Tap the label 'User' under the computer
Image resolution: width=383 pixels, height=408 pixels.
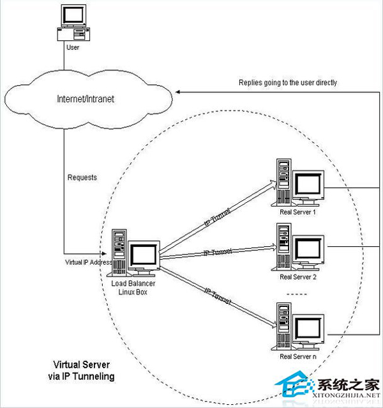pyautogui.click(x=72, y=47)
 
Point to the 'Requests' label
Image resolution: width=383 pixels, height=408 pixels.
pyautogui.click(x=82, y=177)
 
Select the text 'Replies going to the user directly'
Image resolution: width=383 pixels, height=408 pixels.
pyautogui.click(x=288, y=82)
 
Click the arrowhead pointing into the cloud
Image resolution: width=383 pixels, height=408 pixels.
pyautogui.click(x=180, y=93)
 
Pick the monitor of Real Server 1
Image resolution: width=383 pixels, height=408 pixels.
pyautogui.click(x=308, y=186)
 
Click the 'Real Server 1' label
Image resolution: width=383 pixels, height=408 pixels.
pyautogui.click(x=298, y=212)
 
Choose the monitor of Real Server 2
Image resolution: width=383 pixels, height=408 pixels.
pyautogui.click(x=308, y=249)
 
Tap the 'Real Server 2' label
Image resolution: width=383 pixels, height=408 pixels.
pyautogui.click(x=298, y=277)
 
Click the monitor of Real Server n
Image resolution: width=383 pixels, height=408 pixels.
pyautogui.click(x=308, y=328)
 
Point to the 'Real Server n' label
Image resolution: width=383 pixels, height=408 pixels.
pyautogui.click(x=298, y=356)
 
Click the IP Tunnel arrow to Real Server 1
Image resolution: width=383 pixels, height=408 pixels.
pyautogui.click(x=217, y=218)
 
